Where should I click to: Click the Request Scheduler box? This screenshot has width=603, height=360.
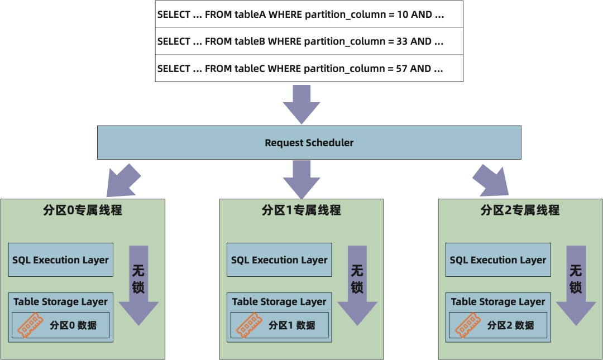click(309, 142)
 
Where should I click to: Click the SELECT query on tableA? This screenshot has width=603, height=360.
click(300, 15)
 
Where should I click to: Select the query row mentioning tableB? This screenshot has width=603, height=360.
click(300, 41)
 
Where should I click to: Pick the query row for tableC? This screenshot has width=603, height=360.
click(300, 69)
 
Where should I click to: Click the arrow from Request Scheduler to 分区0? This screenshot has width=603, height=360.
click(122, 180)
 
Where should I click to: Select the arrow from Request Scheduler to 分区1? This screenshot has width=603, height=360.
click(301, 179)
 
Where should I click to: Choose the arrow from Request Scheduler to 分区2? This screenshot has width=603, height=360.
click(490, 180)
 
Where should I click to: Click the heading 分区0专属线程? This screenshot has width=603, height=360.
click(83, 210)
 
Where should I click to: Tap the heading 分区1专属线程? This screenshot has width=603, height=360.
click(301, 210)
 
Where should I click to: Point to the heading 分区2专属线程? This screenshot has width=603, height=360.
click(520, 210)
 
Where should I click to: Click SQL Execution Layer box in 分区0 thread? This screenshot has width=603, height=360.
click(61, 260)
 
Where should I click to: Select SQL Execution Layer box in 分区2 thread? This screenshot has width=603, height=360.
click(498, 260)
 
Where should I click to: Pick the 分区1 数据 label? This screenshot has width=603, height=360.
click(292, 325)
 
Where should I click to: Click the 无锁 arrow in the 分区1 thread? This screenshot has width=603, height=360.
click(357, 285)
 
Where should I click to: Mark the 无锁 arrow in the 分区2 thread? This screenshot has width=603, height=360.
click(576, 285)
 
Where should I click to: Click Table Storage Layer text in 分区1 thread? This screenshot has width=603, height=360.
click(279, 302)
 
